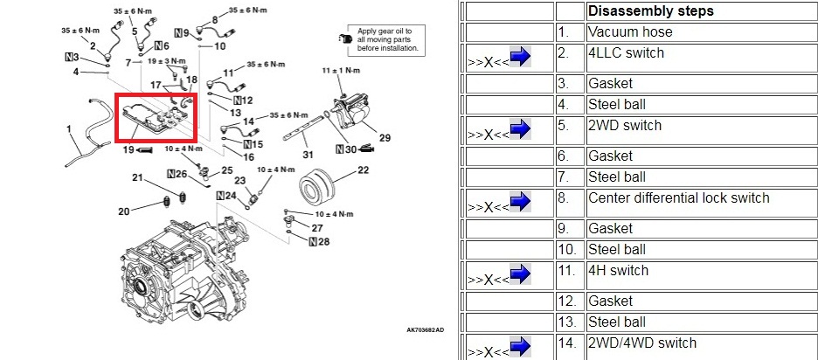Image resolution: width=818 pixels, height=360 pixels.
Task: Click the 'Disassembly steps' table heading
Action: [x=650, y=11]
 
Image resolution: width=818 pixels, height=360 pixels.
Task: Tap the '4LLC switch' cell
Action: [x=626, y=53]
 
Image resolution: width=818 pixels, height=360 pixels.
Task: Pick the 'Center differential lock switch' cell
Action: [x=678, y=198]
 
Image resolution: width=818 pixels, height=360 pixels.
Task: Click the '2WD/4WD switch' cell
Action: [x=641, y=343]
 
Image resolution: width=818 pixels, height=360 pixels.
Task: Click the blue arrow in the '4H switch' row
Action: [x=521, y=276]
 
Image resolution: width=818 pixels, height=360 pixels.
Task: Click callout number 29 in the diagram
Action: [x=385, y=138]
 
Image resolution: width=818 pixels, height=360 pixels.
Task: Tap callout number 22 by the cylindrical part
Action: [x=363, y=170]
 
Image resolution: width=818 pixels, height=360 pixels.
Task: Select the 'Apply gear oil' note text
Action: [x=387, y=39]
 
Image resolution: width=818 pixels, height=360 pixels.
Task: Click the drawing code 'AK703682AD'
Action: [x=425, y=330]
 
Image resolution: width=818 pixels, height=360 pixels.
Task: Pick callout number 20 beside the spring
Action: [x=123, y=211]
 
